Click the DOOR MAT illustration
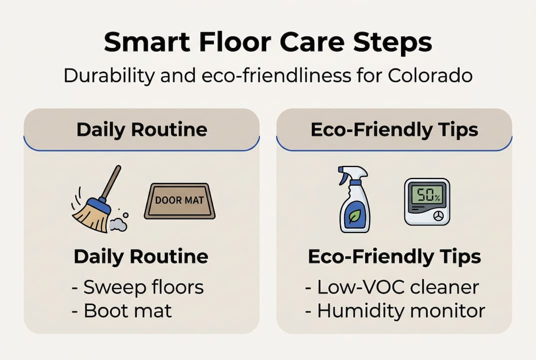click(179, 200)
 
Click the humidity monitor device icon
click(427, 201)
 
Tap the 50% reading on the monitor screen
click(426, 195)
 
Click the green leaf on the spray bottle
click(355, 215)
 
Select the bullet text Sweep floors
click(137, 287)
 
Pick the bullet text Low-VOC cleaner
click(392, 287)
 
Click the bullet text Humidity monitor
click(395, 310)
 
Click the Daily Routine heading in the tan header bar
click(141, 129)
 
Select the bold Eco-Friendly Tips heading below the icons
click(394, 256)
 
